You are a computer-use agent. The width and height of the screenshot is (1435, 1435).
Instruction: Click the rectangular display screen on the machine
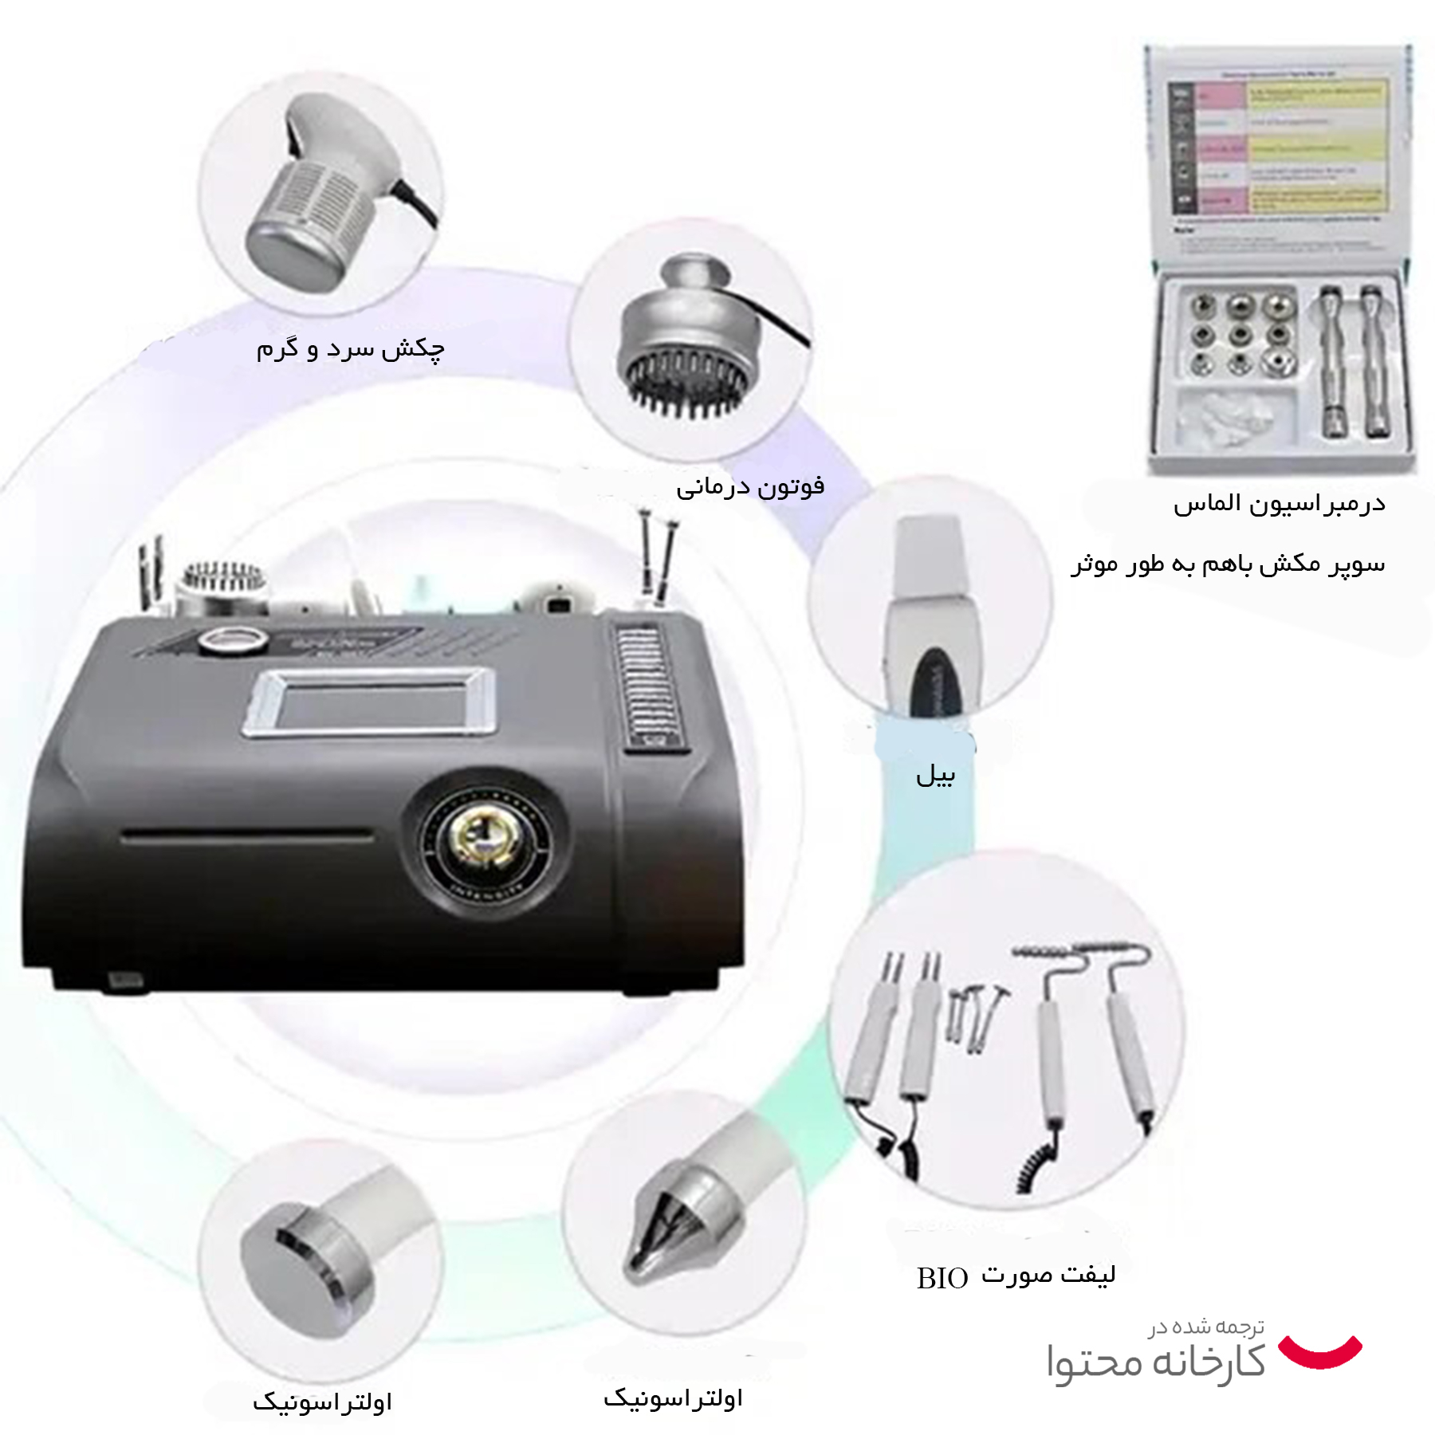click(369, 702)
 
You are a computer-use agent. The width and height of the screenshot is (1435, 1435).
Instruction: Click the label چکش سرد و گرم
click(350, 349)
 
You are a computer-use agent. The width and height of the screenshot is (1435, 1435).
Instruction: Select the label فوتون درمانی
click(750, 486)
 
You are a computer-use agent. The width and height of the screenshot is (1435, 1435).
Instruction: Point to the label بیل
click(935, 774)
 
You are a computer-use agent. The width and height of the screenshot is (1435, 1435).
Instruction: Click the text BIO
click(942, 1279)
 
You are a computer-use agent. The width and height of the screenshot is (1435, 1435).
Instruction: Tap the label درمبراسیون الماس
click(1279, 504)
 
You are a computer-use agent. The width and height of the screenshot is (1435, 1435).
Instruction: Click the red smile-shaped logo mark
click(1319, 1351)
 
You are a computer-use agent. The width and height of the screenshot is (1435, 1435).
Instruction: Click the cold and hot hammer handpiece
click(319, 191)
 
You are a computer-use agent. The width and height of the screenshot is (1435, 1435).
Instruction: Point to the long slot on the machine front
click(247, 836)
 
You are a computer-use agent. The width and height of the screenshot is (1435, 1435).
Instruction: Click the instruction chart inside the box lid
click(1278, 151)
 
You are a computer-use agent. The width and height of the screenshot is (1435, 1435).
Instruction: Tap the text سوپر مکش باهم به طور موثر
click(1228, 564)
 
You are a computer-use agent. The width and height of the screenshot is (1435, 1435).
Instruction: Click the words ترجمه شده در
click(1206, 1327)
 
